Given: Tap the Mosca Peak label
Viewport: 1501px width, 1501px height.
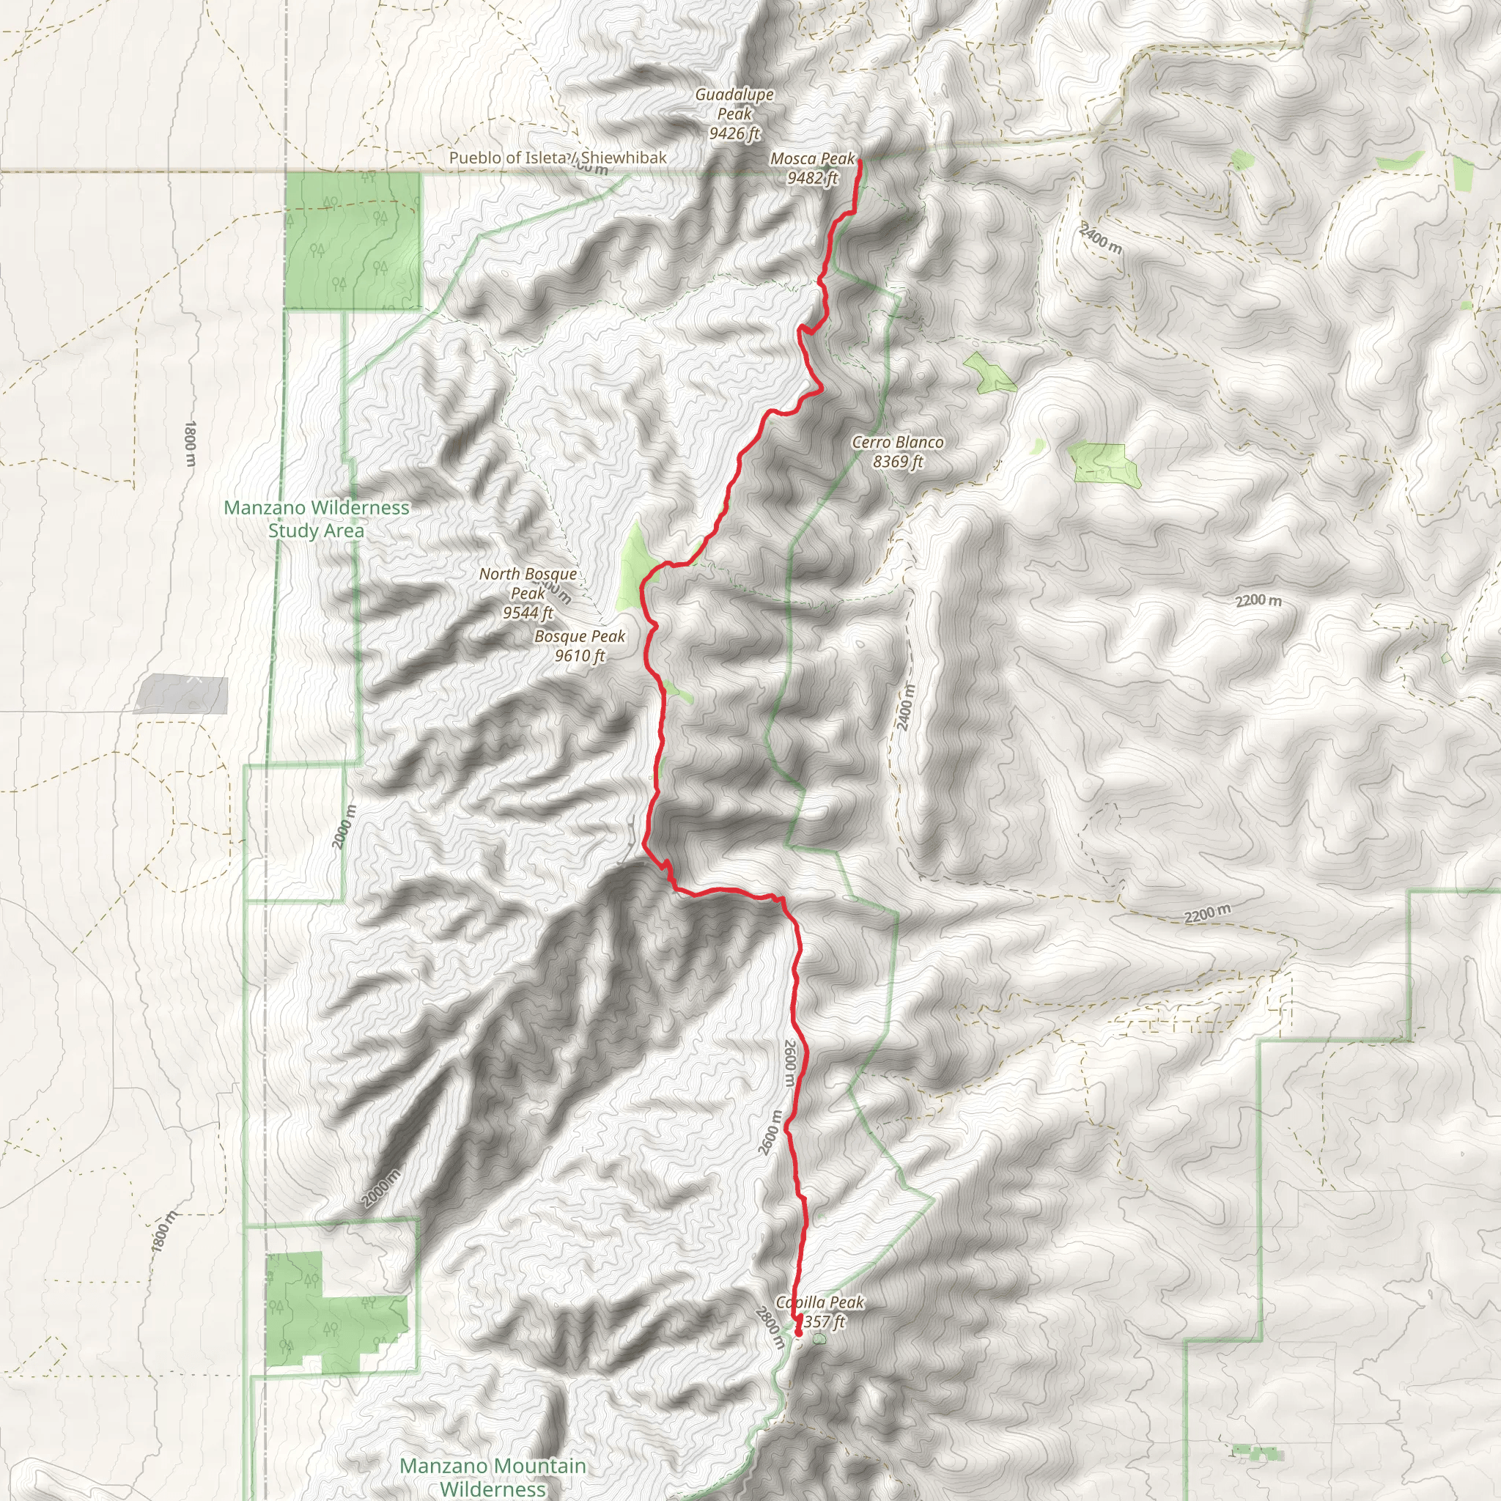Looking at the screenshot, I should [812, 158].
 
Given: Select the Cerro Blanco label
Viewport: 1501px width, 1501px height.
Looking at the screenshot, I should [897, 442].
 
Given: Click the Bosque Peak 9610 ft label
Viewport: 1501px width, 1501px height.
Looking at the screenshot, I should [580, 646].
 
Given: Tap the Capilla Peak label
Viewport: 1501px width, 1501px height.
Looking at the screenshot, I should [819, 1302].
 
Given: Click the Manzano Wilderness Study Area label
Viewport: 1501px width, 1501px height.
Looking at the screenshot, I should [316, 519].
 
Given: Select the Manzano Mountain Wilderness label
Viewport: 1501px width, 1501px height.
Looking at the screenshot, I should [493, 1477].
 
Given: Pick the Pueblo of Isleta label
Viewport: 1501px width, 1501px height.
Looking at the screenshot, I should [509, 158].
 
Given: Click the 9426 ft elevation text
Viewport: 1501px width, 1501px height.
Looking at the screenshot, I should [734, 133].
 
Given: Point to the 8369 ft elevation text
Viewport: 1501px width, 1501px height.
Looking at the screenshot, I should [897, 462].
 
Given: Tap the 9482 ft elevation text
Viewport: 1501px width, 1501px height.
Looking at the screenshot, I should [812, 178].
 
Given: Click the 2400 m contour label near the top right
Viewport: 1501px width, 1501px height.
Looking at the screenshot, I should [1100, 238].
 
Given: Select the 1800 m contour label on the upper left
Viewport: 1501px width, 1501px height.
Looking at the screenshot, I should [191, 443].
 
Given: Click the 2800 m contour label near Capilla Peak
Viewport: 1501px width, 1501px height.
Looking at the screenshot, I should [768, 1329].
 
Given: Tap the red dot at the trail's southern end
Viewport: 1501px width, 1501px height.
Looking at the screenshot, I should [798, 1333].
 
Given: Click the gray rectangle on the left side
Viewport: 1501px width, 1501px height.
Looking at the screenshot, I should [182, 694].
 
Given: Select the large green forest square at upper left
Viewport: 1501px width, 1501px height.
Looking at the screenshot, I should [353, 240].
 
